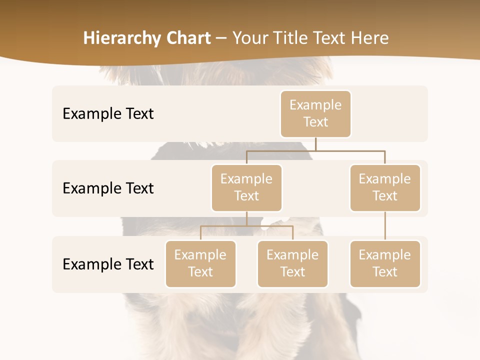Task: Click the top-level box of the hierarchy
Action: tap(315, 113)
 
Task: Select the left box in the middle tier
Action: tap(246, 187)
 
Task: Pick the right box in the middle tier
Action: tap(385, 187)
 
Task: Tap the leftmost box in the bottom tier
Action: tap(200, 263)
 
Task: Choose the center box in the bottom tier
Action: tap(292, 263)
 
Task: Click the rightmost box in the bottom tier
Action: tap(385, 263)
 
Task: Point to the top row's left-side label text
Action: tap(108, 114)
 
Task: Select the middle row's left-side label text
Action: tap(108, 188)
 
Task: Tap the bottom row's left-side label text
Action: tap(108, 264)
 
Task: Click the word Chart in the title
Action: tap(188, 38)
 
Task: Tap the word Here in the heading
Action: tap(369, 38)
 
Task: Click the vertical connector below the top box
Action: tap(315, 144)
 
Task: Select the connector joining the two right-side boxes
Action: tap(385, 226)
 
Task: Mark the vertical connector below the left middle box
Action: tap(246, 218)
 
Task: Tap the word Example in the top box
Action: tap(315, 105)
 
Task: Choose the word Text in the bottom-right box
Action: tap(385, 272)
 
